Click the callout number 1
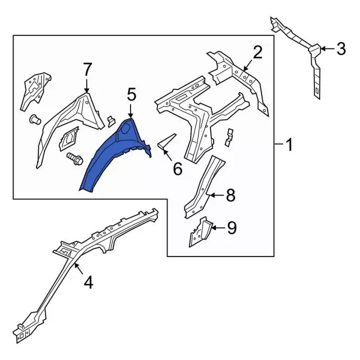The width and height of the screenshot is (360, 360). click(x=288, y=146)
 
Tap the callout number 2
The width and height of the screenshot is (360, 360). click(x=257, y=53)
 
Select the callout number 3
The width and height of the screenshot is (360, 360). click(x=340, y=50)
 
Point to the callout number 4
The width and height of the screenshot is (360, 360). click(x=88, y=282)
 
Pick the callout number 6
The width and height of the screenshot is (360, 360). click(x=177, y=168)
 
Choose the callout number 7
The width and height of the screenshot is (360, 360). click(x=87, y=70)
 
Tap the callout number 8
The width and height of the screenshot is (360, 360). click(x=230, y=195)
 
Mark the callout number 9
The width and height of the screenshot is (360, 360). click(x=231, y=227)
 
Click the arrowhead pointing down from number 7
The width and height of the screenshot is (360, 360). click(x=87, y=90)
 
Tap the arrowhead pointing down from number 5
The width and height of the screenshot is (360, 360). click(x=131, y=115)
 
